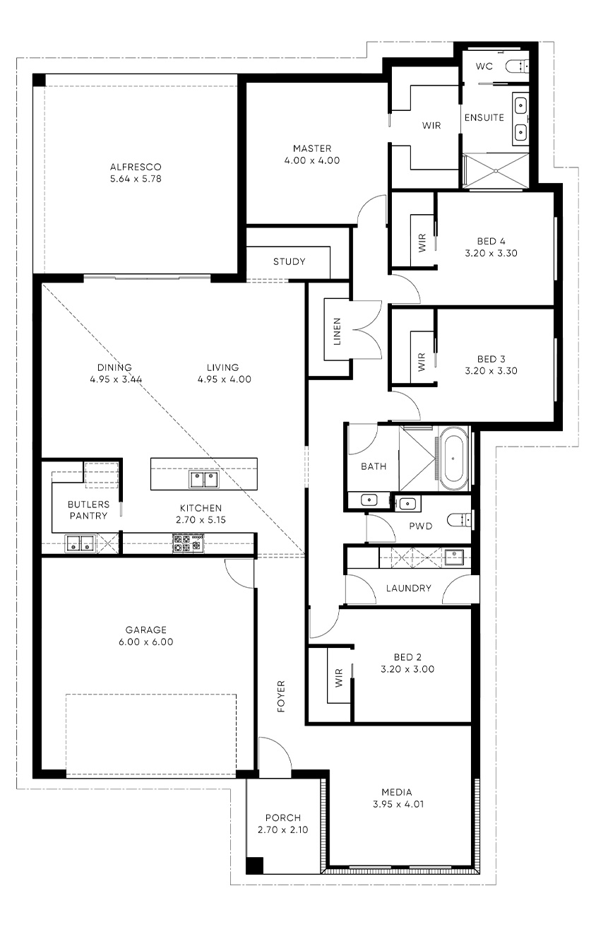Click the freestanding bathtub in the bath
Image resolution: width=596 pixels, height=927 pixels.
click(453, 459)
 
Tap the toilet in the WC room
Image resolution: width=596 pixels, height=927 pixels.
click(517, 66)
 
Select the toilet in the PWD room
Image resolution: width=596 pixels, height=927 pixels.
click(460, 519)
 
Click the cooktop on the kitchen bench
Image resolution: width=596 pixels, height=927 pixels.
click(188, 543)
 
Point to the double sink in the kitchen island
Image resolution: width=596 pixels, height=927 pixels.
click(204, 479)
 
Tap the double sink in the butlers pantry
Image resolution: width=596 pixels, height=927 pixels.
click(80, 543)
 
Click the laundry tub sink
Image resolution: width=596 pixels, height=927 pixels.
click(454, 557)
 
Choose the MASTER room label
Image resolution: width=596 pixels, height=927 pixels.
click(312, 148)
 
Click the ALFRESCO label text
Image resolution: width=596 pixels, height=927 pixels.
click(136, 167)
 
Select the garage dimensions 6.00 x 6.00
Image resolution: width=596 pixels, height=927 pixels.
click(145, 642)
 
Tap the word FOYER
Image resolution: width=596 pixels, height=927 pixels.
click(281, 696)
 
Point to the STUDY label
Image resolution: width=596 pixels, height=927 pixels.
click(289, 261)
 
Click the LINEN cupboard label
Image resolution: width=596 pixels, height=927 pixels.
click(337, 331)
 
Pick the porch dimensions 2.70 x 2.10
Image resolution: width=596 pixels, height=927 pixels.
click(283, 837)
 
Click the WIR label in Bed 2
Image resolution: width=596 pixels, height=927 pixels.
click(339, 678)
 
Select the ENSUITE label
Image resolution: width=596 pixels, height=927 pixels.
click(484, 117)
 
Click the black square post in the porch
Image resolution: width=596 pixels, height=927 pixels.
click(254, 865)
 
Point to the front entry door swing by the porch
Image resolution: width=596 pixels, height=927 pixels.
click(275, 752)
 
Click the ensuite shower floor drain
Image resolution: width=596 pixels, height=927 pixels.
click(496, 171)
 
